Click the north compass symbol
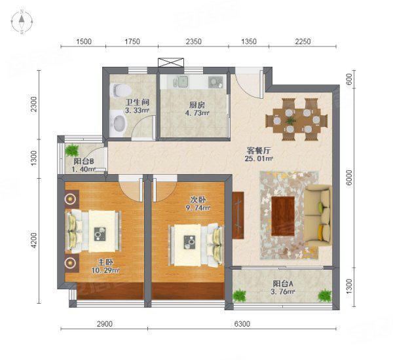point(22,22)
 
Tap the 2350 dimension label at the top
point(193,41)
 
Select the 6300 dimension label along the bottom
point(242,324)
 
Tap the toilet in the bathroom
point(121,90)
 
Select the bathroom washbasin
point(119,123)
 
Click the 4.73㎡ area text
point(197,113)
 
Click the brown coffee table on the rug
point(283,216)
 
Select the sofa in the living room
point(318,216)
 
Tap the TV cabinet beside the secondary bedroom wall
point(238,215)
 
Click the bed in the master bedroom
point(93,231)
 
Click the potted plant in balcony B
point(72,151)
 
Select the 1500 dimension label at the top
point(84,41)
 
